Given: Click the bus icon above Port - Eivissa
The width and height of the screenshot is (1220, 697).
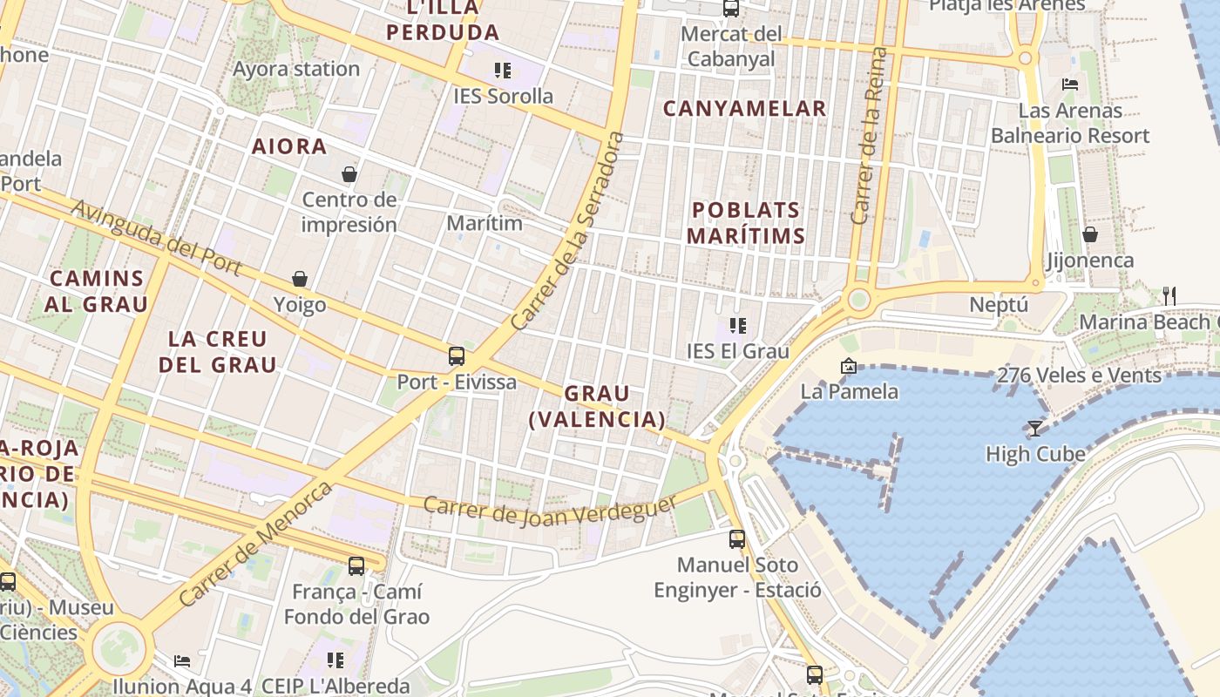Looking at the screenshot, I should (x=456, y=355).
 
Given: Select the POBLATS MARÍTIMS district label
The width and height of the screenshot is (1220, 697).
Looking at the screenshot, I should (x=745, y=222).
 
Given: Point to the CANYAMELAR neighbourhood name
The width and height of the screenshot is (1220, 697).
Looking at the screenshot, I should (x=744, y=108).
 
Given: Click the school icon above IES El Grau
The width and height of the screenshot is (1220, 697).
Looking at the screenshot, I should (x=738, y=326).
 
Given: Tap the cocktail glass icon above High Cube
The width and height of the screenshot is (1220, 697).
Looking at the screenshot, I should (x=1035, y=428).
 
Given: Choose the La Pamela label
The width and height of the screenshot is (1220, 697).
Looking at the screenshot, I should (x=849, y=391).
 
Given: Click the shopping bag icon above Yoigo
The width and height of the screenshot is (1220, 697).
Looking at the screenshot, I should (x=300, y=279).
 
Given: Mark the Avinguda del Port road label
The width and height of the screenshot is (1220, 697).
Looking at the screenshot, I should (x=156, y=237).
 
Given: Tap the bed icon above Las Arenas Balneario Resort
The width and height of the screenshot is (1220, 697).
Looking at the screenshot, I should (x=1070, y=85).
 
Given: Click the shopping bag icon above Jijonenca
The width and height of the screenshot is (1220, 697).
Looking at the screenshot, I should (x=1089, y=234).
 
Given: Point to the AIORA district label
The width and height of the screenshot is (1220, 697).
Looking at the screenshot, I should (x=289, y=146).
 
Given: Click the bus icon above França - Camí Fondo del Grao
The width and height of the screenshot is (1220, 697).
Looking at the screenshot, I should (x=356, y=565).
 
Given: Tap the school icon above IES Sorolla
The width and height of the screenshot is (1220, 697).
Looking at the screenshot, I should (x=502, y=70).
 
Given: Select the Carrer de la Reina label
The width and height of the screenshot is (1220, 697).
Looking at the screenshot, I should (x=871, y=136).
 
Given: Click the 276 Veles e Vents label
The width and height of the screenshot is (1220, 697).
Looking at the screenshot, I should (x=1079, y=376).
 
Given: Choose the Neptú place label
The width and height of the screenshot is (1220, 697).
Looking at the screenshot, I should (x=999, y=305).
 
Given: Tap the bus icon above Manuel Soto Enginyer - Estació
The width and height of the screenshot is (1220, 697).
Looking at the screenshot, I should (x=737, y=538).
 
